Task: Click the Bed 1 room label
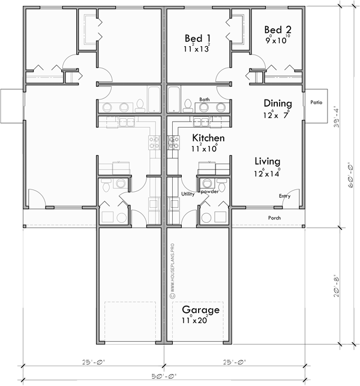pyautogui.click(x=197, y=38)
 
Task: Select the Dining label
pyautogui.click(x=277, y=102)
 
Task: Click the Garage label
pyautogui.click(x=196, y=310)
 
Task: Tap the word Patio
pyautogui.click(x=316, y=102)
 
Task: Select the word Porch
pyautogui.click(x=274, y=218)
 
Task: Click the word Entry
pyautogui.click(x=285, y=196)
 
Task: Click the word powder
pyautogui.click(x=210, y=192)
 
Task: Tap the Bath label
pyautogui.click(x=205, y=99)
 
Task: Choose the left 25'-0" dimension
pyautogui.click(x=94, y=362)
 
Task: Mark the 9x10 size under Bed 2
pyautogui.click(x=277, y=41)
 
